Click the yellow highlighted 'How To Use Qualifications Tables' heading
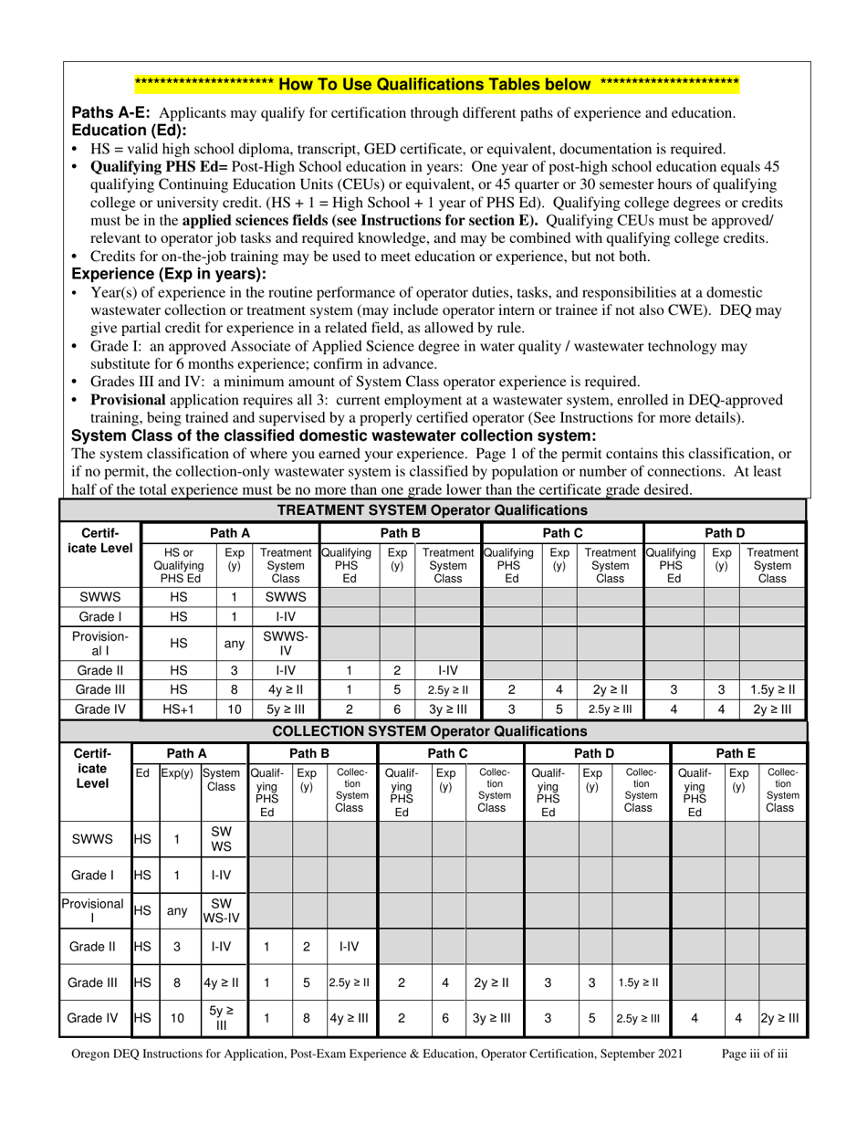[x=436, y=85]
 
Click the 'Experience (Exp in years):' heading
[x=162, y=273]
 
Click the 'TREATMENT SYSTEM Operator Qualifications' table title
[x=433, y=509]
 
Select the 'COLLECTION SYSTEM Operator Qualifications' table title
[x=433, y=730]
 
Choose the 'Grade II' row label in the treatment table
[x=99, y=669]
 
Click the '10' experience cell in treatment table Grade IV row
[x=234, y=708]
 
